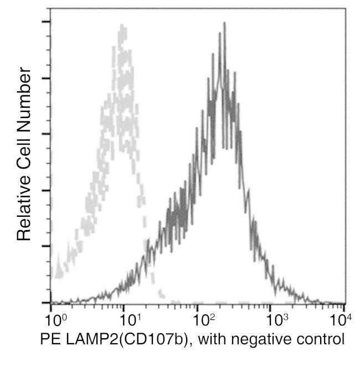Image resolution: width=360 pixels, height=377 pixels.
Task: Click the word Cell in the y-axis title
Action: tap(23, 146)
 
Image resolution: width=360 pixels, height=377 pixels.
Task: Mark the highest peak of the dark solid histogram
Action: tap(224, 23)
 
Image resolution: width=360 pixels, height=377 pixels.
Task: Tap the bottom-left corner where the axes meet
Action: tap(51, 304)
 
